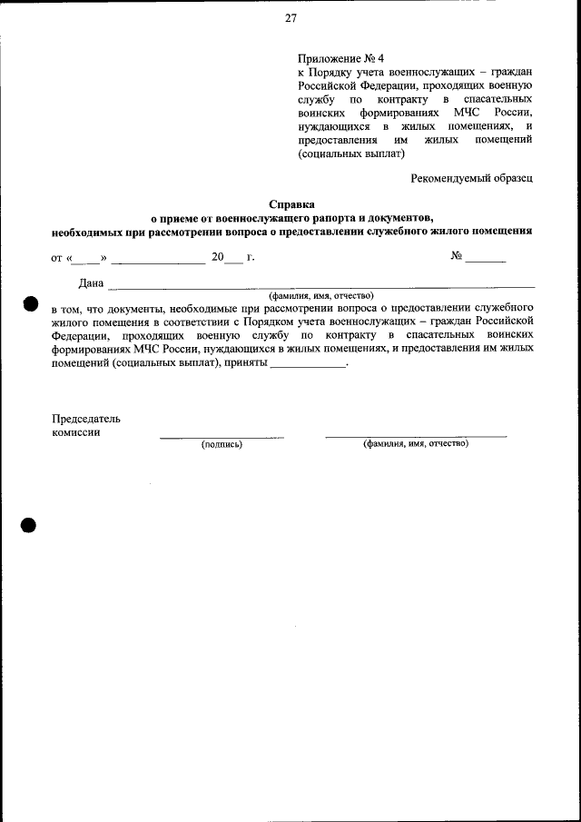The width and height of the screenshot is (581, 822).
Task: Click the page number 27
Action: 290,17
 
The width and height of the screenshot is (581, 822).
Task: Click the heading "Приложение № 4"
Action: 334,56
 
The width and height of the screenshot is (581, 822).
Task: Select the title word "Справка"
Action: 291,204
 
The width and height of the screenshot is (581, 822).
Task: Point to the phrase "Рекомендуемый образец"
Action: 471,178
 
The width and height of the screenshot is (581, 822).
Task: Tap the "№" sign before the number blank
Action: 457,256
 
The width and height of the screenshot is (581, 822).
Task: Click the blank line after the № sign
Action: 487,262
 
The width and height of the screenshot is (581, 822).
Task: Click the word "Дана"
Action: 92,283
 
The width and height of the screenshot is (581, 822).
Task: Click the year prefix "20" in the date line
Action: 217,257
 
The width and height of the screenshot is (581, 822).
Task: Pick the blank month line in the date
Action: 158,262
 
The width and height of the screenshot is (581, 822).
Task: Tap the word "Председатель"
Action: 85,419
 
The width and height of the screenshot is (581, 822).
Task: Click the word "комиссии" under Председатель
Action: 75,432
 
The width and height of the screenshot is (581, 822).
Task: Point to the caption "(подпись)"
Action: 222,444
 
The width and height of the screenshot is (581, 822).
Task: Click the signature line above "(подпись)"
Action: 222,438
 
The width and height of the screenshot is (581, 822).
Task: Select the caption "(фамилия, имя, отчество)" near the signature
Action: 416,443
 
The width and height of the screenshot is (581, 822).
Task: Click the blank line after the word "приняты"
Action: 309,366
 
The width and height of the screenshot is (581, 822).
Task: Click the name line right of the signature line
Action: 416,437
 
